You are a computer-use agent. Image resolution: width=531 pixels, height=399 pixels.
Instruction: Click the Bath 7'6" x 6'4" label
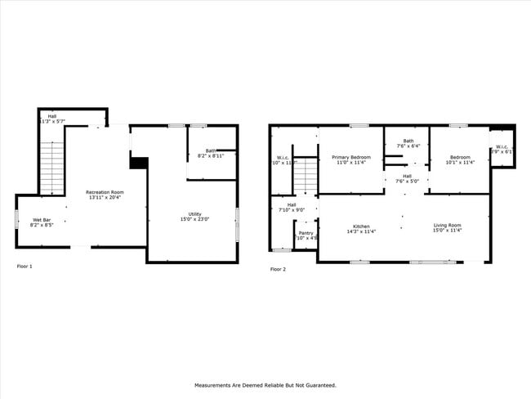point(408,143)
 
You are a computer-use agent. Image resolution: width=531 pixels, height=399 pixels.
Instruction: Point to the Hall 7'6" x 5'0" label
point(407,177)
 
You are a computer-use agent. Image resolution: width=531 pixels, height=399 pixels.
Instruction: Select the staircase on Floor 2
point(305,176)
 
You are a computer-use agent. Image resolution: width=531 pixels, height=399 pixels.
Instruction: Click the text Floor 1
point(25,267)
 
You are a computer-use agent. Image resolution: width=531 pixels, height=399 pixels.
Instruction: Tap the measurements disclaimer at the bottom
point(265,384)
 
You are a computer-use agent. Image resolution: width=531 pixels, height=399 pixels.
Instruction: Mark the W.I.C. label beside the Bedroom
point(501,150)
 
